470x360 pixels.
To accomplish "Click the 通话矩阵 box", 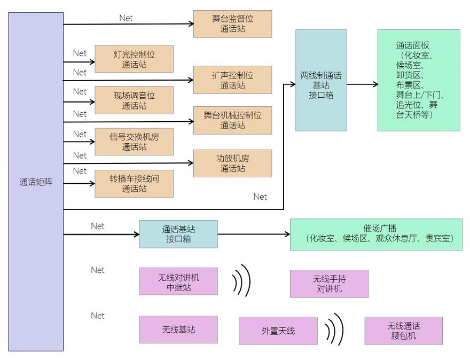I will click(x=36, y=182).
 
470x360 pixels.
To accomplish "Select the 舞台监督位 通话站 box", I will click(x=232, y=24).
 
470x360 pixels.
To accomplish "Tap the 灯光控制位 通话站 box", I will click(x=134, y=59).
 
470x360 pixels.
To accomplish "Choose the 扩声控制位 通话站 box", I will click(x=232, y=80).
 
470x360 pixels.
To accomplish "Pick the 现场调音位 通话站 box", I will click(x=134, y=100).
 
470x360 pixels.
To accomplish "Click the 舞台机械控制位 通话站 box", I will click(x=232, y=120).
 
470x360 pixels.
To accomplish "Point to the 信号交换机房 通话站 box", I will click(x=134, y=141).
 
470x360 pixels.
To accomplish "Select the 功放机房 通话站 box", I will click(x=232, y=163).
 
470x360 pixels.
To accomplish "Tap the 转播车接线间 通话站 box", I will click(x=134, y=183).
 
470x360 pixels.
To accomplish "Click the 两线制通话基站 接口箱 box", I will click(x=321, y=80).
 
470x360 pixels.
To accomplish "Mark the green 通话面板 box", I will click(x=418, y=80).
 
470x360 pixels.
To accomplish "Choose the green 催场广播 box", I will click(x=375, y=234).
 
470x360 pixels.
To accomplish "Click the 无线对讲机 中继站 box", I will click(x=178, y=281).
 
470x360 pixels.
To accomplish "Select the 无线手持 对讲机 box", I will click(x=329, y=284).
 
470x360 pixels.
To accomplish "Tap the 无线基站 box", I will click(x=178, y=330).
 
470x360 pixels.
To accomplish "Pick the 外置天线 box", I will click(x=278, y=331).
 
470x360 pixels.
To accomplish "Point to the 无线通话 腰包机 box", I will click(x=403, y=331).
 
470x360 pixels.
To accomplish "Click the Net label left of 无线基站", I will click(x=98, y=316).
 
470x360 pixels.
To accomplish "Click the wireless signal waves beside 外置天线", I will click(x=334, y=329).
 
